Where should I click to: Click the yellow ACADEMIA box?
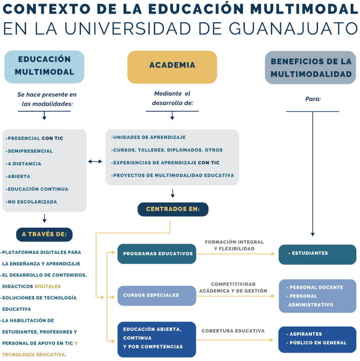click(x=172, y=67)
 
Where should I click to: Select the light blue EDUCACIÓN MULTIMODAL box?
click(x=44, y=67)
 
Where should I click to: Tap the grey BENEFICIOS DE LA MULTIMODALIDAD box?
click(x=311, y=68)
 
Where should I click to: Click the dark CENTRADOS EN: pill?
click(x=173, y=209)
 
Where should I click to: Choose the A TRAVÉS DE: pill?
click(x=44, y=234)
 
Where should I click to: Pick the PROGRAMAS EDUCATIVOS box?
click(x=157, y=254)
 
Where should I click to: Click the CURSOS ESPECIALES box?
click(x=157, y=296)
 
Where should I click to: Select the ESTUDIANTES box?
click(x=318, y=254)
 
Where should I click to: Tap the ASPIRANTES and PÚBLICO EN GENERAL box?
click(x=318, y=340)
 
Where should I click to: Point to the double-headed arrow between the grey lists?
click(x=95, y=162)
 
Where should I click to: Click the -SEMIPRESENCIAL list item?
click(x=29, y=151)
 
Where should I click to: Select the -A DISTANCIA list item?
click(x=23, y=163)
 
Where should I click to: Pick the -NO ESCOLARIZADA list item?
click(x=31, y=202)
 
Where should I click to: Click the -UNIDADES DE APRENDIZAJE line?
click(x=148, y=137)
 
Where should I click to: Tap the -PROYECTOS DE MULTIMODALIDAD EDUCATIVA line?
click(x=173, y=176)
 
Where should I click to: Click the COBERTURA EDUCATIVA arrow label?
click(x=233, y=331)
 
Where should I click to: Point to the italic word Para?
click(x=313, y=99)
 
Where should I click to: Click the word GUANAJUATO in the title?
click(x=293, y=28)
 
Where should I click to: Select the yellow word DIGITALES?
click(x=48, y=286)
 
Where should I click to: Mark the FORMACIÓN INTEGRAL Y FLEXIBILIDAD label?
click(x=234, y=245)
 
